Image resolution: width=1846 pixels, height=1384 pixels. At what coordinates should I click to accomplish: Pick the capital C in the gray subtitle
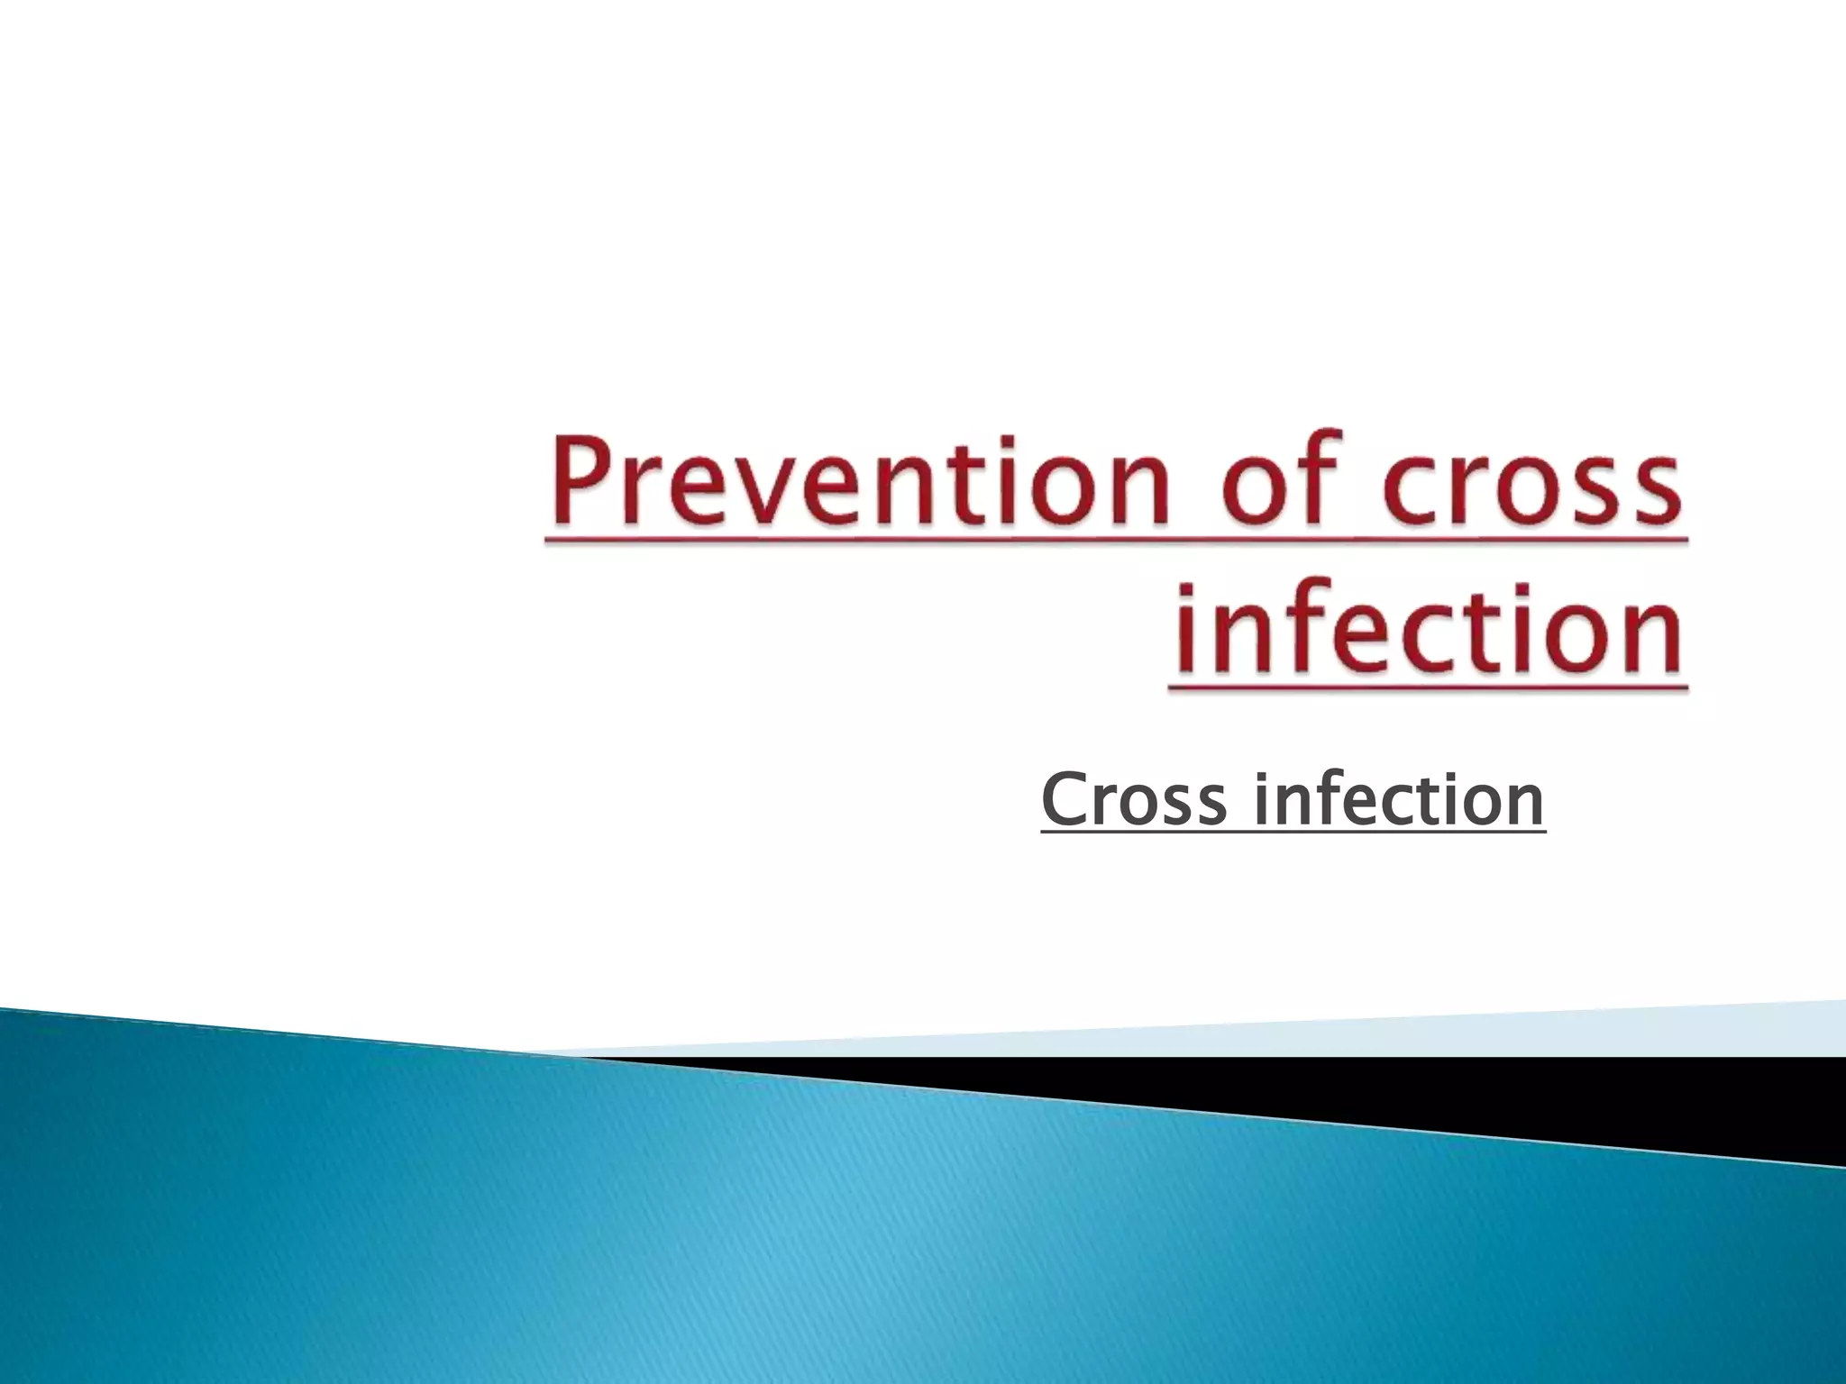coord(1063,799)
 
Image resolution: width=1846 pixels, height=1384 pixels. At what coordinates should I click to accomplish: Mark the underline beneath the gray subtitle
coord(1293,833)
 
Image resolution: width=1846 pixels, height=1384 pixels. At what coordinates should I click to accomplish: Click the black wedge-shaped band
coord(1532,1095)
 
